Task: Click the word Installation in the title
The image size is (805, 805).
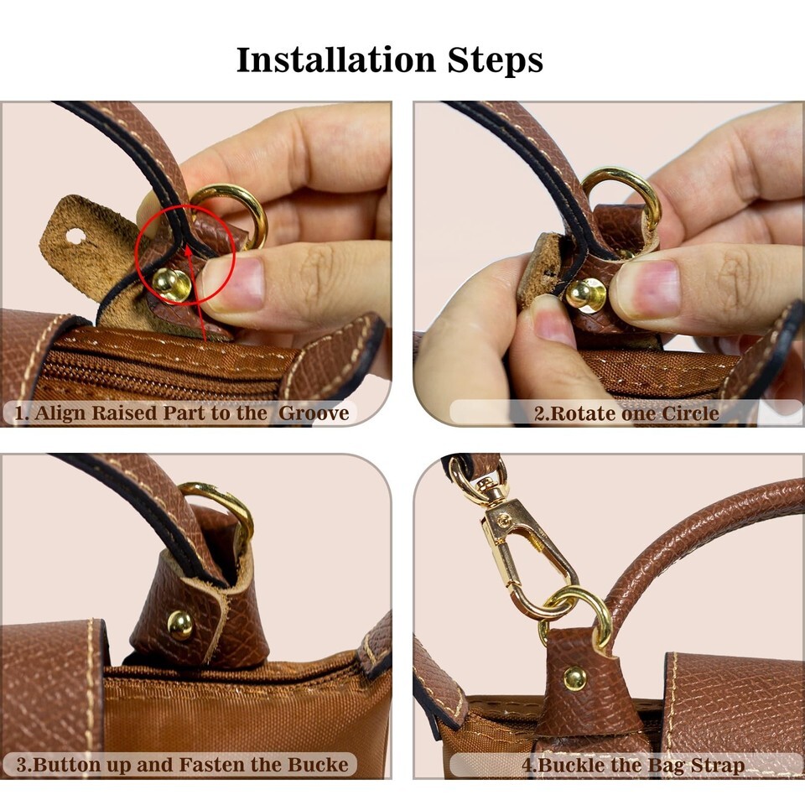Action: [x=336, y=60]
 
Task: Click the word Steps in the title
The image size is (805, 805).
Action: [x=495, y=61]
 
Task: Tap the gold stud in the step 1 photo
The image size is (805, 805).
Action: [x=171, y=284]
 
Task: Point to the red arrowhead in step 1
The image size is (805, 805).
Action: [x=189, y=251]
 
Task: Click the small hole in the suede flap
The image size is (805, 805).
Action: [x=75, y=236]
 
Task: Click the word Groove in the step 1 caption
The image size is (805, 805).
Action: [x=314, y=413]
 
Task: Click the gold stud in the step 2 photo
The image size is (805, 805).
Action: [x=586, y=295]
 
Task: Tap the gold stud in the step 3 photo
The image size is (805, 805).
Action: [x=180, y=626]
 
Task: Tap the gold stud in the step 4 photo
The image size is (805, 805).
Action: [x=574, y=678]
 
